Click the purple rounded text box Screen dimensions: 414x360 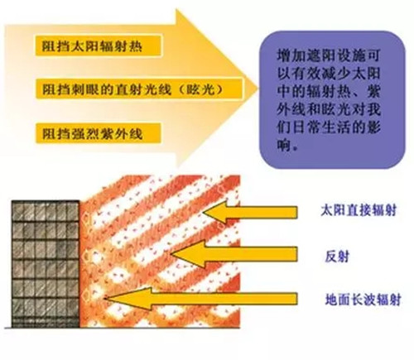(x=332, y=99)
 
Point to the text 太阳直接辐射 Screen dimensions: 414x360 (x=359, y=210)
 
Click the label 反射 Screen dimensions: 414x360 (x=337, y=257)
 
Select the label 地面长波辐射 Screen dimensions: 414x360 (x=363, y=300)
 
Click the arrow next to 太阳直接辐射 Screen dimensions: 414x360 (x=250, y=212)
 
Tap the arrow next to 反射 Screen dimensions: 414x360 (x=234, y=254)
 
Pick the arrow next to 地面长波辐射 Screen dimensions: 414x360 (x=200, y=299)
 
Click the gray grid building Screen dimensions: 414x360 (x=46, y=264)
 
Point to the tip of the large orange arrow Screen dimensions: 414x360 (x=258, y=89)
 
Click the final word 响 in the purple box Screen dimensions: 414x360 (x=284, y=144)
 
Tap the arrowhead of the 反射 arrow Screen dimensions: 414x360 (x=171, y=253)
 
